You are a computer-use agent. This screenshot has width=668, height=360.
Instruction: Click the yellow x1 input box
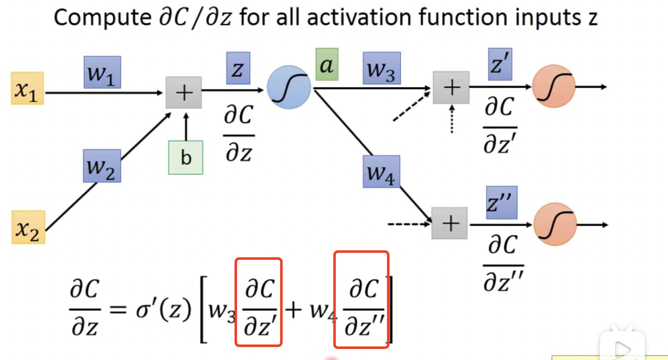(27, 88)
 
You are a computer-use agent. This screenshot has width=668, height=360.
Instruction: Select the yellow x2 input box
(28, 227)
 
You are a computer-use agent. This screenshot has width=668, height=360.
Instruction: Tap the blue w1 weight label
(102, 72)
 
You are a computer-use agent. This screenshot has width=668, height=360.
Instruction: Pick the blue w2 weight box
(102, 166)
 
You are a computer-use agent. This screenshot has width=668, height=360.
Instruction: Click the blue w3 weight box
(382, 68)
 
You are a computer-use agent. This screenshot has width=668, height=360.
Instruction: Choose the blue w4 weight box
(381, 172)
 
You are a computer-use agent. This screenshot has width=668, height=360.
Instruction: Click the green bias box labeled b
(186, 158)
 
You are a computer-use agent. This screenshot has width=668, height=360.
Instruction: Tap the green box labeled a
(327, 65)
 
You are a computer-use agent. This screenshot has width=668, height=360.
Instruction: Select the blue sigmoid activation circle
(289, 87)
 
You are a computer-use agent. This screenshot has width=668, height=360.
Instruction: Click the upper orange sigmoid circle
(554, 86)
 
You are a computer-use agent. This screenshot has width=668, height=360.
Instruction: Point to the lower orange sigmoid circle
(555, 224)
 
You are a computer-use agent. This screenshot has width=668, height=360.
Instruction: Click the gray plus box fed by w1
(184, 93)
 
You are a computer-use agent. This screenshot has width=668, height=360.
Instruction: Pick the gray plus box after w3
(451, 87)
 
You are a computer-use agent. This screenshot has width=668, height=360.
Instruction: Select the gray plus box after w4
(450, 224)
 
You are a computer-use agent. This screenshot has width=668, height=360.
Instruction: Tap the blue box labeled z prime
(500, 64)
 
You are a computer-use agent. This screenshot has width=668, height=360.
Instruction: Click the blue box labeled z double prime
(501, 202)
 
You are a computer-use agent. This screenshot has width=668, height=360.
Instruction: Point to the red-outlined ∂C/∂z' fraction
(258, 302)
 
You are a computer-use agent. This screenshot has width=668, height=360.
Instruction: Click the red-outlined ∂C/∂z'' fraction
(361, 300)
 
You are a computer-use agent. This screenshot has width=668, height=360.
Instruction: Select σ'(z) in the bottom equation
(163, 310)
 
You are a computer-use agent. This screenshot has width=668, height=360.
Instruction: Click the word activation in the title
(359, 18)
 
